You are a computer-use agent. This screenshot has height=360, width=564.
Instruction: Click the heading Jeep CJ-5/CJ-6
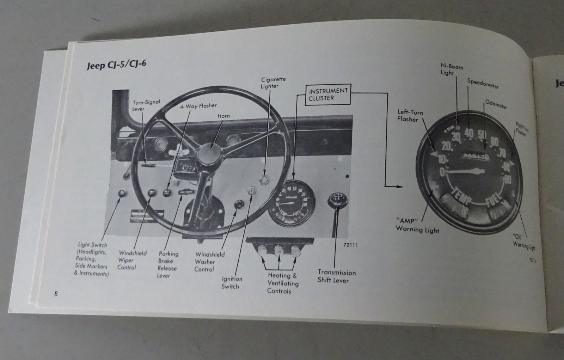click(116, 65)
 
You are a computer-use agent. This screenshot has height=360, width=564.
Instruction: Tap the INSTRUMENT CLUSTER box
click(328, 94)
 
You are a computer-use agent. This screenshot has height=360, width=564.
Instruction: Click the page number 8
click(56, 294)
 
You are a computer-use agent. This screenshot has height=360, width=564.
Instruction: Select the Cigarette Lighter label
click(273, 83)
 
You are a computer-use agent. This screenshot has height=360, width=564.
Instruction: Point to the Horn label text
click(223, 116)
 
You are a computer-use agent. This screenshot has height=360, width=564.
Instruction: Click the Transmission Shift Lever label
click(337, 276)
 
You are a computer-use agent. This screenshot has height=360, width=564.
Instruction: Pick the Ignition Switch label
click(232, 282)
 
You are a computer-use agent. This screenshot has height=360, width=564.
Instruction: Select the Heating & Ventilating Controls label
click(282, 283)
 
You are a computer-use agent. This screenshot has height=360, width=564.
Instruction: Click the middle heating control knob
click(279, 251)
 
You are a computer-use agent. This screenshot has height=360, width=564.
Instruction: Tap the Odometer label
click(496, 105)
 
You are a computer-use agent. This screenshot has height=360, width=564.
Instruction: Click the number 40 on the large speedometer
click(469, 133)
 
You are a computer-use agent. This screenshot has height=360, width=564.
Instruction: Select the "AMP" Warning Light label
click(417, 225)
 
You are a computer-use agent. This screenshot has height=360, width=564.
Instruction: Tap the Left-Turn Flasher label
click(410, 116)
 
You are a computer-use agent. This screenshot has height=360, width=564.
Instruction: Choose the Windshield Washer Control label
click(209, 262)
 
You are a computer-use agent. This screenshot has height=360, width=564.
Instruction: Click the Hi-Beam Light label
click(451, 69)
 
